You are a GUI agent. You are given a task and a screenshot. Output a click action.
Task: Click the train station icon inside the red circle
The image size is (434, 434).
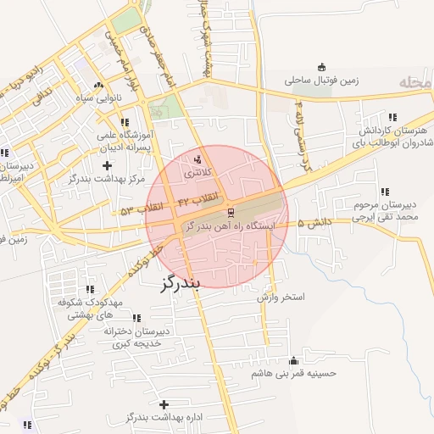click(230, 211)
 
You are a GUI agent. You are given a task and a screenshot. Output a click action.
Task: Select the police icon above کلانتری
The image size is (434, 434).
click(199, 159)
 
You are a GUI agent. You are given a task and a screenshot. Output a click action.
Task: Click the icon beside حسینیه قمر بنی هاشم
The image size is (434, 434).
click(294, 359)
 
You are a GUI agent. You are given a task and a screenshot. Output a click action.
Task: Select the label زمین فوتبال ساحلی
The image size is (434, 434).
click(321, 81)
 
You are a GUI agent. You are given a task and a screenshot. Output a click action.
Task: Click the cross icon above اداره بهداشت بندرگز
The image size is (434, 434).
click(164, 404)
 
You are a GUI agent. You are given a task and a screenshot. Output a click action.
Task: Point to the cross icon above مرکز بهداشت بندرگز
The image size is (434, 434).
click(106, 164)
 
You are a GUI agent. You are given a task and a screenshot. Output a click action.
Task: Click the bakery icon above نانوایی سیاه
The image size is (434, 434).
click(98, 85)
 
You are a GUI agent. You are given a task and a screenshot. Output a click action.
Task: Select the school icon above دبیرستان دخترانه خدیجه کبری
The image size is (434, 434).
click(137, 319)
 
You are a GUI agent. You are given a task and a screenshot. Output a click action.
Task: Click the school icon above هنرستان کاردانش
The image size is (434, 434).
click(392, 117)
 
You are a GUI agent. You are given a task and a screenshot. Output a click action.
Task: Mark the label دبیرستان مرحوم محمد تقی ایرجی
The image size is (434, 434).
click(387, 211)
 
